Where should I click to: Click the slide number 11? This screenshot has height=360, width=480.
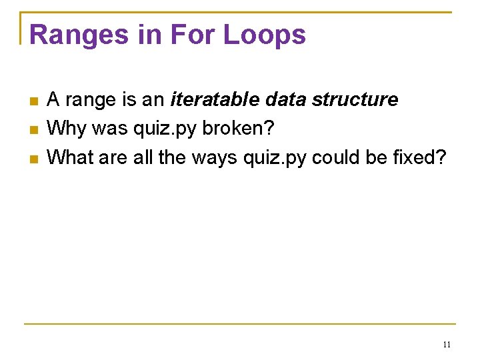point(447,345)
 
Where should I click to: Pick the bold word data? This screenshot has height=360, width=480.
point(286,100)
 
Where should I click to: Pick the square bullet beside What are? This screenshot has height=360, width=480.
point(35,159)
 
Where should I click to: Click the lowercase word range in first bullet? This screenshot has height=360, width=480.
point(90,100)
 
